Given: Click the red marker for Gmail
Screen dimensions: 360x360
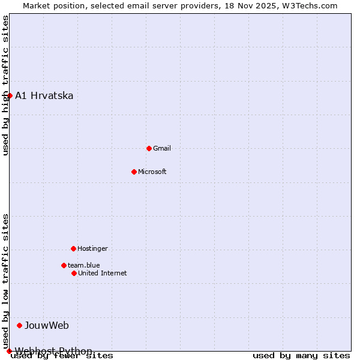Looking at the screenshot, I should (x=149, y=148).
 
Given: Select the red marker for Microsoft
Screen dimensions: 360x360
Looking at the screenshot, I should (x=134, y=172).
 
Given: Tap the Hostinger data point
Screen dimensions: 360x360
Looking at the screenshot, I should (x=73, y=248).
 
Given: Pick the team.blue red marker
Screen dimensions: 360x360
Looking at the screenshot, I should (x=64, y=265).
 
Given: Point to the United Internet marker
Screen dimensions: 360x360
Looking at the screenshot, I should (x=74, y=273).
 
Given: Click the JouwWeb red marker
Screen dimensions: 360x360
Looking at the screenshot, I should (x=20, y=325).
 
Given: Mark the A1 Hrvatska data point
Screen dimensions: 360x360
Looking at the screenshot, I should (x=10, y=95).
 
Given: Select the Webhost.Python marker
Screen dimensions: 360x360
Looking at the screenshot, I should (x=9, y=351).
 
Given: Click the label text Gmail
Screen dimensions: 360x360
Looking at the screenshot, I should (x=162, y=148).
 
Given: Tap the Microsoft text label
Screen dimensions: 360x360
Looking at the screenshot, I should (x=152, y=172).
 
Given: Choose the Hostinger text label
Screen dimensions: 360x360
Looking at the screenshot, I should (x=92, y=248).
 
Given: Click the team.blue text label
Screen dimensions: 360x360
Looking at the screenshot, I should (x=84, y=265).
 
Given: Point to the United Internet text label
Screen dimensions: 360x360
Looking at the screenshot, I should (x=103, y=273).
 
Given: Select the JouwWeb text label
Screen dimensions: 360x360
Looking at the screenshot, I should (x=47, y=325).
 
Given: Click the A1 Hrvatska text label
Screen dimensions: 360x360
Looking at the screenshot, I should (x=44, y=95).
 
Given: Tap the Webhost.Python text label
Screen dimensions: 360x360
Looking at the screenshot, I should (x=53, y=351).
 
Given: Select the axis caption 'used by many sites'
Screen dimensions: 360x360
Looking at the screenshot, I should (x=301, y=355).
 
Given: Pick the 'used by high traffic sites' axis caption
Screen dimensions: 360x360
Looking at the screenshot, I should (x=5, y=85).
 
